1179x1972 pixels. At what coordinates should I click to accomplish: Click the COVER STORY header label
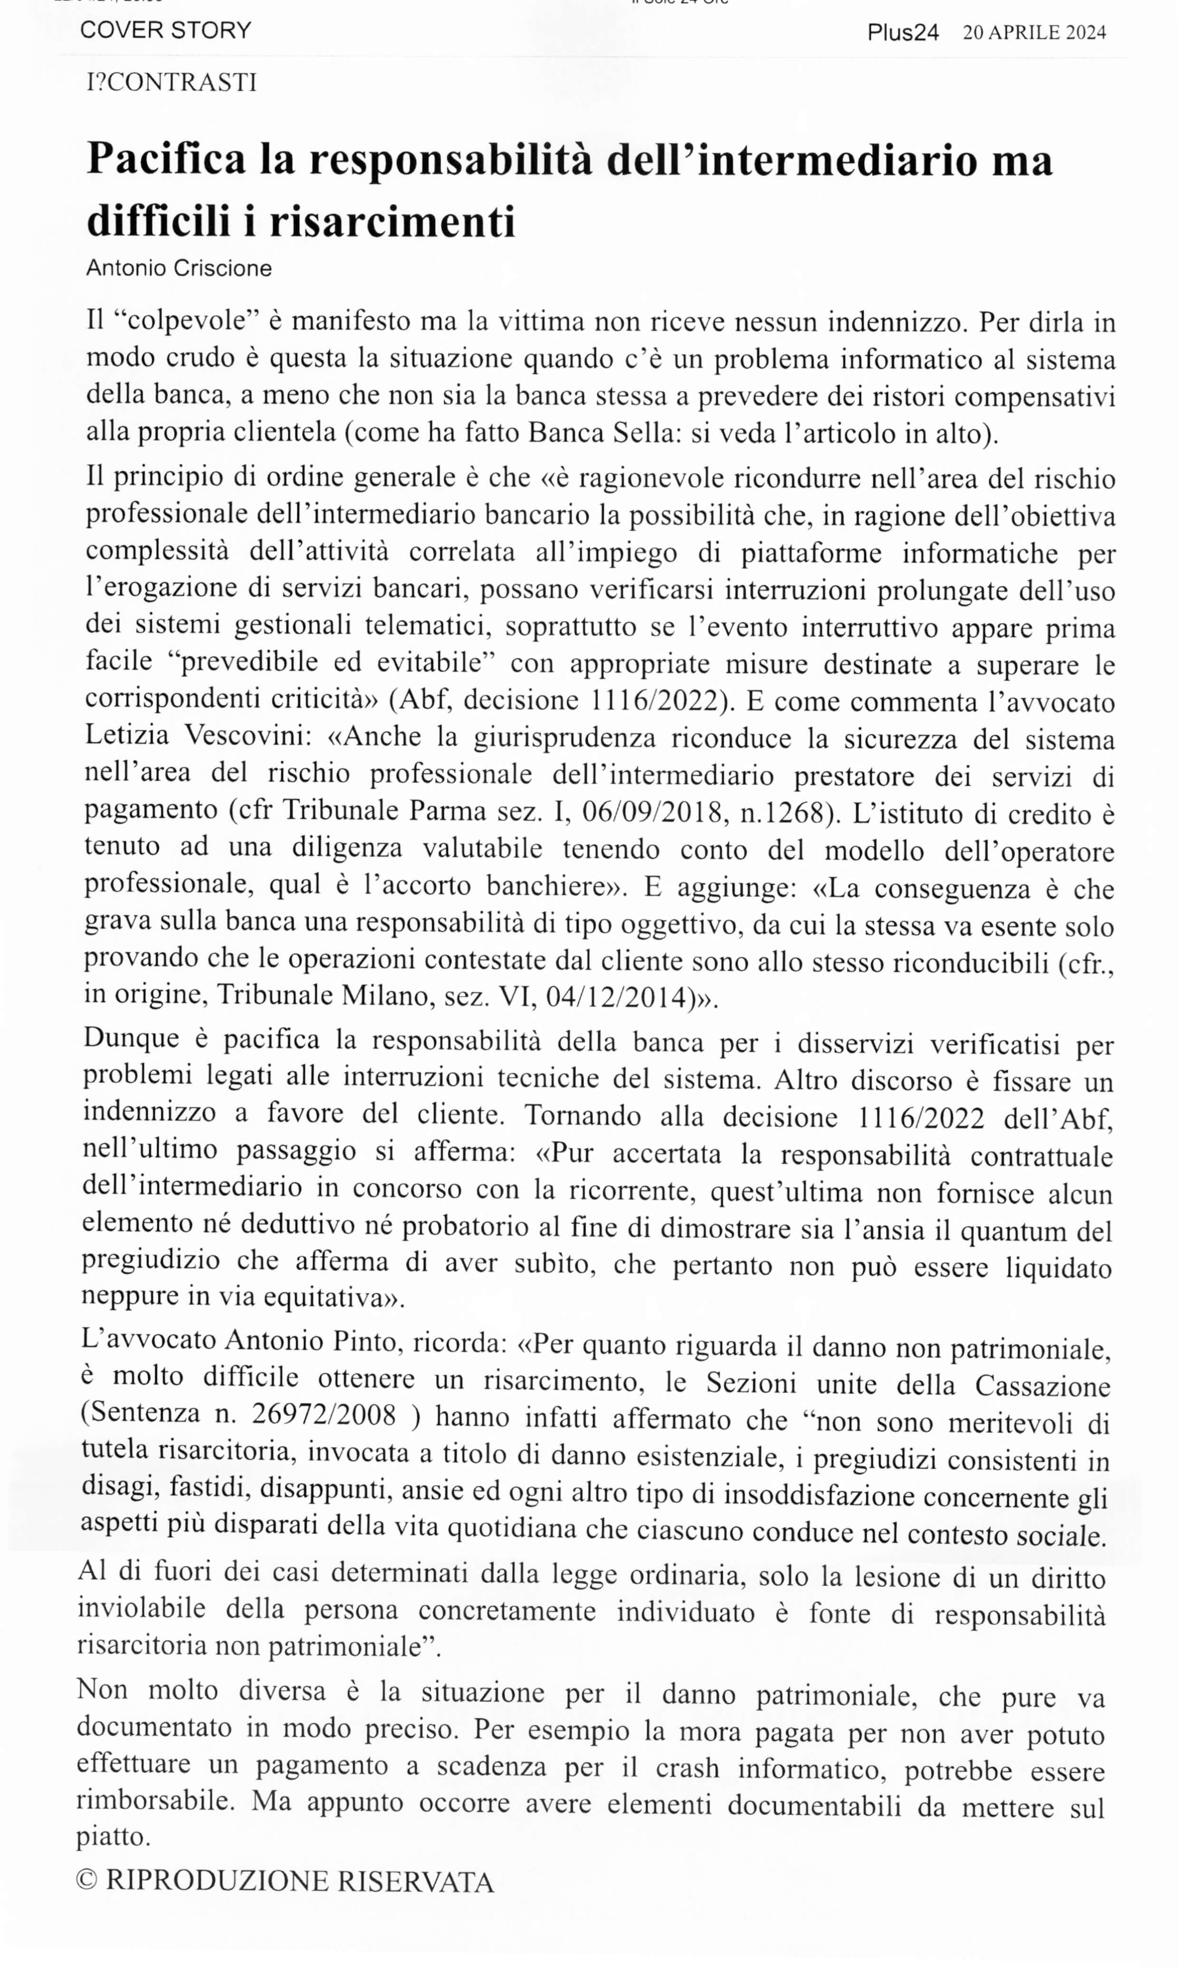[165, 30]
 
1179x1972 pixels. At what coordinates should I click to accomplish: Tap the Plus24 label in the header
[902, 33]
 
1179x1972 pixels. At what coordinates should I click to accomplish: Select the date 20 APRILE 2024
[1035, 33]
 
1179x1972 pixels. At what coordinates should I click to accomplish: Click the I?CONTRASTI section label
[172, 83]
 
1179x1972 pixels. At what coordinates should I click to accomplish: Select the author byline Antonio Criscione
[179, 268]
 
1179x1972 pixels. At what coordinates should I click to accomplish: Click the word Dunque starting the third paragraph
[130, 1040]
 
